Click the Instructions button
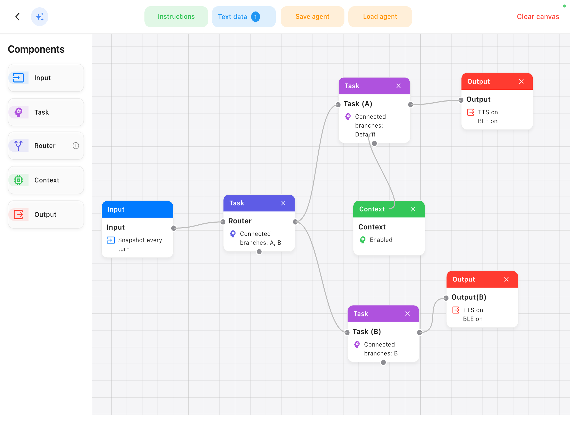pos(176,17)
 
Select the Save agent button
pos(312,17)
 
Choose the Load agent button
pos(380,17)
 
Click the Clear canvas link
pos(538,17)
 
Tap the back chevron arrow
pos(17,17)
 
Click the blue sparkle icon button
pos(40,17)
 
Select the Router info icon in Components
pos(76,146)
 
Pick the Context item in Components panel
pos(46,180)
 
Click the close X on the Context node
pos(413,209)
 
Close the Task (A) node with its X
pos(398,86)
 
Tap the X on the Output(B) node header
pos(506,279)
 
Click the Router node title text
pos(240,221)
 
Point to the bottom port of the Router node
pos(259,252)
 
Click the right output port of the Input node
pos(174,228)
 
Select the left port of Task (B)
pos(347,332)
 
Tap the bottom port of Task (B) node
pos(383,362)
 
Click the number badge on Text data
pos(255,17)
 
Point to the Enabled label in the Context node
pos(381,240)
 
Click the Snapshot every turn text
pos(140,245)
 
